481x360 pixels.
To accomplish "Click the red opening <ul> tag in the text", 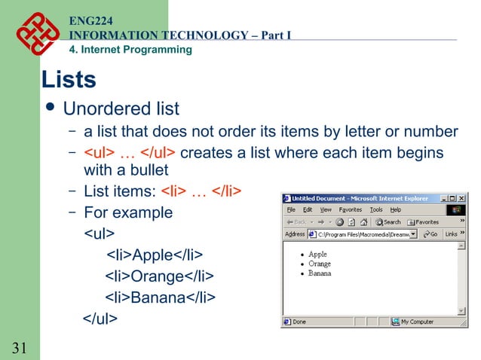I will coord(99,153).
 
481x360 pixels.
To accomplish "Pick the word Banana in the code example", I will coord(158,297).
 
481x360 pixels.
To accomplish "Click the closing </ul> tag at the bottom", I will coord(100,319).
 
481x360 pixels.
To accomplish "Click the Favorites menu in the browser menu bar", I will coord(351,209).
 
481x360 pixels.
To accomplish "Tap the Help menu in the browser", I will coord(395,209).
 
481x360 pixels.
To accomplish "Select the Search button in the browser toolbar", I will coord(388,222).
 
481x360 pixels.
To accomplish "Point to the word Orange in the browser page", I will coord(320,264).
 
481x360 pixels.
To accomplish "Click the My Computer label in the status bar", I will coord(416,322).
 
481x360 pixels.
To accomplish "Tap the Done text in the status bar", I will coord(299,322).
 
